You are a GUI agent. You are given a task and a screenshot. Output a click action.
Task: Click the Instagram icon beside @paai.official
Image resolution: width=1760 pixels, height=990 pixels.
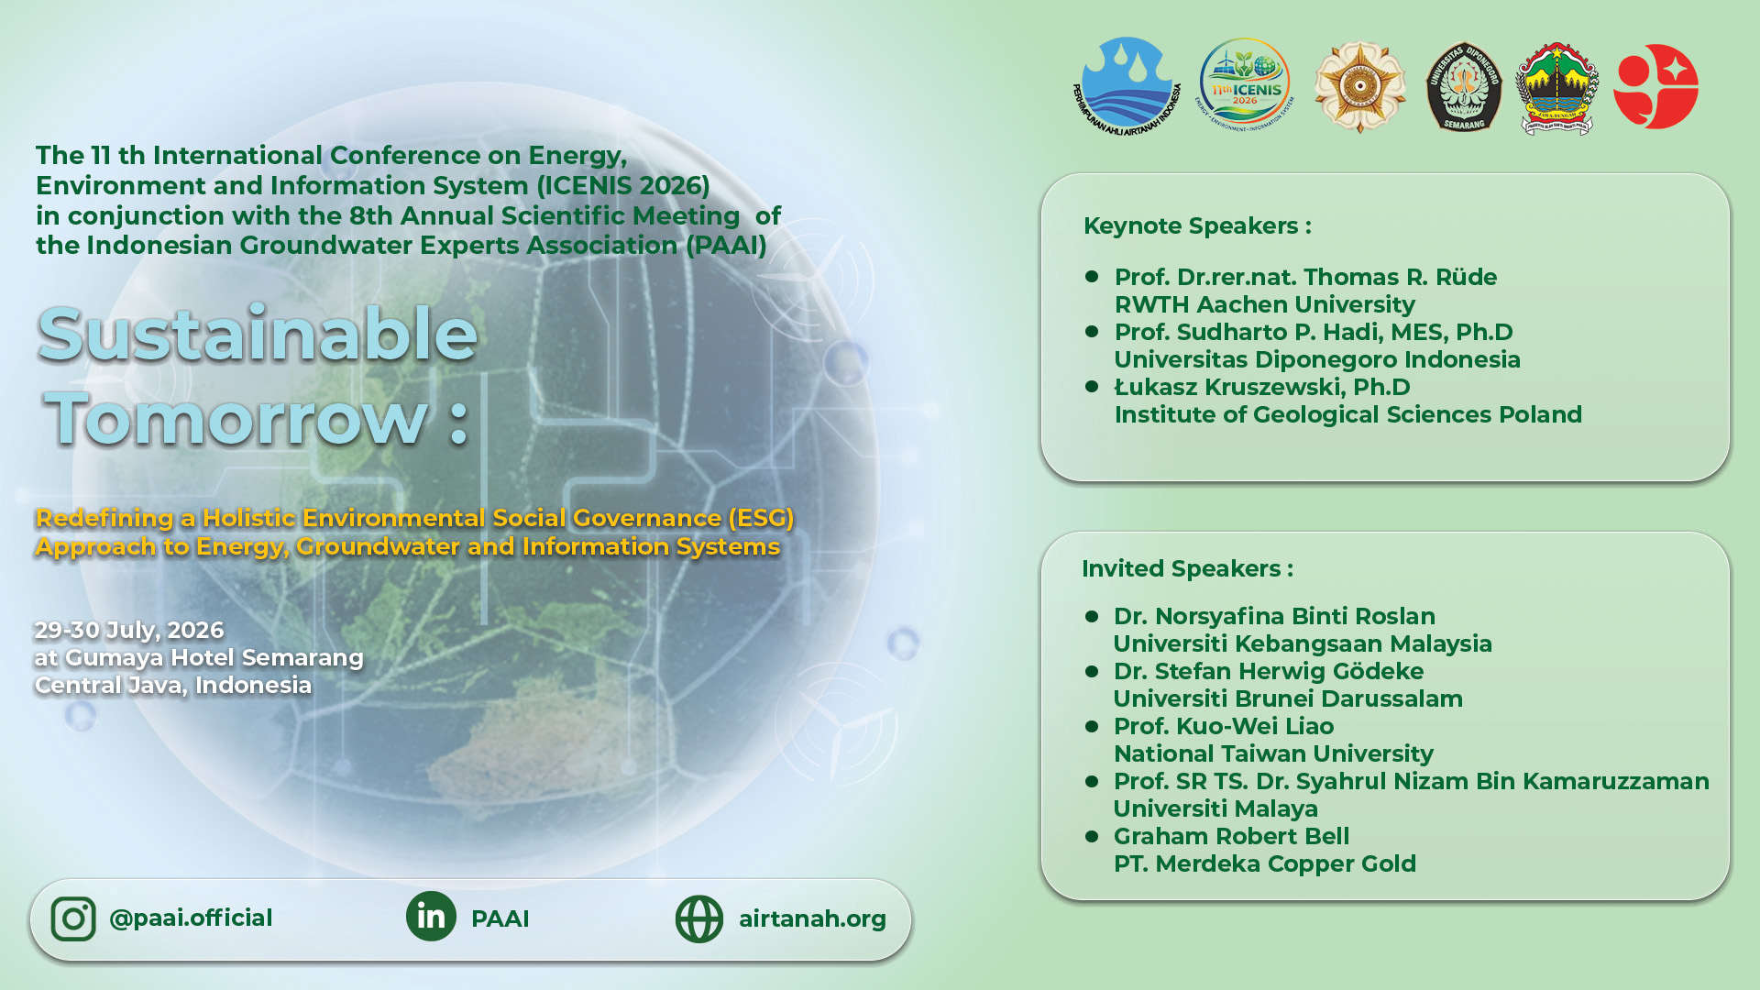click(x=73, y=918)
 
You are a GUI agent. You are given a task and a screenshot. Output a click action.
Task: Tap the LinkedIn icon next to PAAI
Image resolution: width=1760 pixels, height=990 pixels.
click(x=431, y=916)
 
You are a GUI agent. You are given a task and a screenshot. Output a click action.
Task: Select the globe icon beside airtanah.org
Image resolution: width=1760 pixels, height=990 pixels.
click(x=699, y=918)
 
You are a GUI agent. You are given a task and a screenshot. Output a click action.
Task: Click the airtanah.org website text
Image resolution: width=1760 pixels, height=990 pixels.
click(x=812, y=918)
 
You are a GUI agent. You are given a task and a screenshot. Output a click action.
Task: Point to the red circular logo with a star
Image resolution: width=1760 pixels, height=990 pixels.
click(x=1655, y=86)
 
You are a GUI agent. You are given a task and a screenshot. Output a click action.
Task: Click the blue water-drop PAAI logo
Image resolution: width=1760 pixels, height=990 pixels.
click(x=1127, y=85)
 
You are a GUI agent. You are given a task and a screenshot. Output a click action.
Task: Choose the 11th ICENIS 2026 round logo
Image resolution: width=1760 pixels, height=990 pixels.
click(x=1244, y=85)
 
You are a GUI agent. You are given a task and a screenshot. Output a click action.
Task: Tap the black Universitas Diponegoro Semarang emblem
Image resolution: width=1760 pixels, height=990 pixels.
click(x=1464, y=87)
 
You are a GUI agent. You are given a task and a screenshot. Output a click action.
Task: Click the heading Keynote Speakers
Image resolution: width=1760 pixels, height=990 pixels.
click(x=1197, y=225)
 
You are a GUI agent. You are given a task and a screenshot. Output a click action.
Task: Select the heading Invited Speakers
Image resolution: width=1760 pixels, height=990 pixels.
click(x=1187, y=568)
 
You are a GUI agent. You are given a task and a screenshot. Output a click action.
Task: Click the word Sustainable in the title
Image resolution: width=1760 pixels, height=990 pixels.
click(x=258, y=334)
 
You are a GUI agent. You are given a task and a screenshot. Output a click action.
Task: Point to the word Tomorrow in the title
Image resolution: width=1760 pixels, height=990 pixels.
click(x=237, y=418)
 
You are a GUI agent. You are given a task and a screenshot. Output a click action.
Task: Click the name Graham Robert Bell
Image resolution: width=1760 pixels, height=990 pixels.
click(x=1231, y=836)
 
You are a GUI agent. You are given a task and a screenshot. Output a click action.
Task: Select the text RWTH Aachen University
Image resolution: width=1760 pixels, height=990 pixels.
click(x=1264, y=304)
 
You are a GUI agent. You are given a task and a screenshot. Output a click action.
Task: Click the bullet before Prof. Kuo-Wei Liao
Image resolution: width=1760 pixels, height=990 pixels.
click(x=1092, y=726)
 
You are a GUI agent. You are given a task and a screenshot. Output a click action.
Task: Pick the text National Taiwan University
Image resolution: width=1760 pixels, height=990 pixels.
click(x=1273, y=753)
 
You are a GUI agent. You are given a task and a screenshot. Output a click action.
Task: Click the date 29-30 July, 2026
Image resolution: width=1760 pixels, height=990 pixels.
click(x=129, y=630)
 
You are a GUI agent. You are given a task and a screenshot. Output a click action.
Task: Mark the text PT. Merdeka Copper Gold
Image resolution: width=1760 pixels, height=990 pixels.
click(x=1264, y=863)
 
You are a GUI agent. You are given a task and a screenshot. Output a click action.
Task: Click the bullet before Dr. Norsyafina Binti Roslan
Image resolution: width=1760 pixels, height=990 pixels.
click(x=1092, y=616)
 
